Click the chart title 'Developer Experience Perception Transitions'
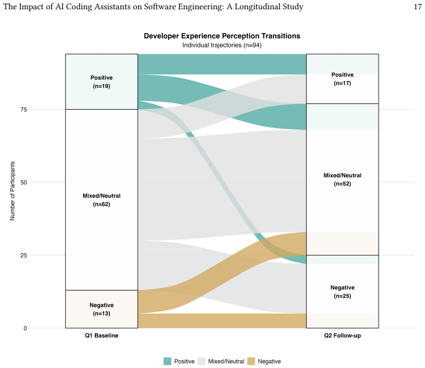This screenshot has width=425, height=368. tap(222, 36)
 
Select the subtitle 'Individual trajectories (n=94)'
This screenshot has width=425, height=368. tap(222, 45)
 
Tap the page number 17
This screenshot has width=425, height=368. tap(418, 6)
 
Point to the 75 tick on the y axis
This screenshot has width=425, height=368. tap(24, 109)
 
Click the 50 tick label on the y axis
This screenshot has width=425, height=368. tap(24, 182)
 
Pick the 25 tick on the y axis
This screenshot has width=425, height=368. tap(24, 256)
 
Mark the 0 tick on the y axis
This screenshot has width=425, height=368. tap(25, 328)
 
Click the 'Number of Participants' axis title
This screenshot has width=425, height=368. tap(13, 191)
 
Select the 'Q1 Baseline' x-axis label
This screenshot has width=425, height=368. tap(102, 335)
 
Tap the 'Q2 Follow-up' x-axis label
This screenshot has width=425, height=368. tap(342, 336)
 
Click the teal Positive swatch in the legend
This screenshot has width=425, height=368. tap(168, 361)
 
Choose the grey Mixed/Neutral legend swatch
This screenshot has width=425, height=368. tap(201, 361)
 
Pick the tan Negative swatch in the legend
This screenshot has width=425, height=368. tap(251, 361)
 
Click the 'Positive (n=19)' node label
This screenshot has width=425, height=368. tap(102, 82)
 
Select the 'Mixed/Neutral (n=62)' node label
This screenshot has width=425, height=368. tap(102, 200)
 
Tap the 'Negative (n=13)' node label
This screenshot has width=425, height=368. tap(102, 309)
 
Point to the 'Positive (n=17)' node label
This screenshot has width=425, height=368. tap(342, 79)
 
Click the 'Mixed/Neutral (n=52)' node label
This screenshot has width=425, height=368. tap(342, 179)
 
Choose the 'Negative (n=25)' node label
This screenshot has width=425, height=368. tap(342, 292)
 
